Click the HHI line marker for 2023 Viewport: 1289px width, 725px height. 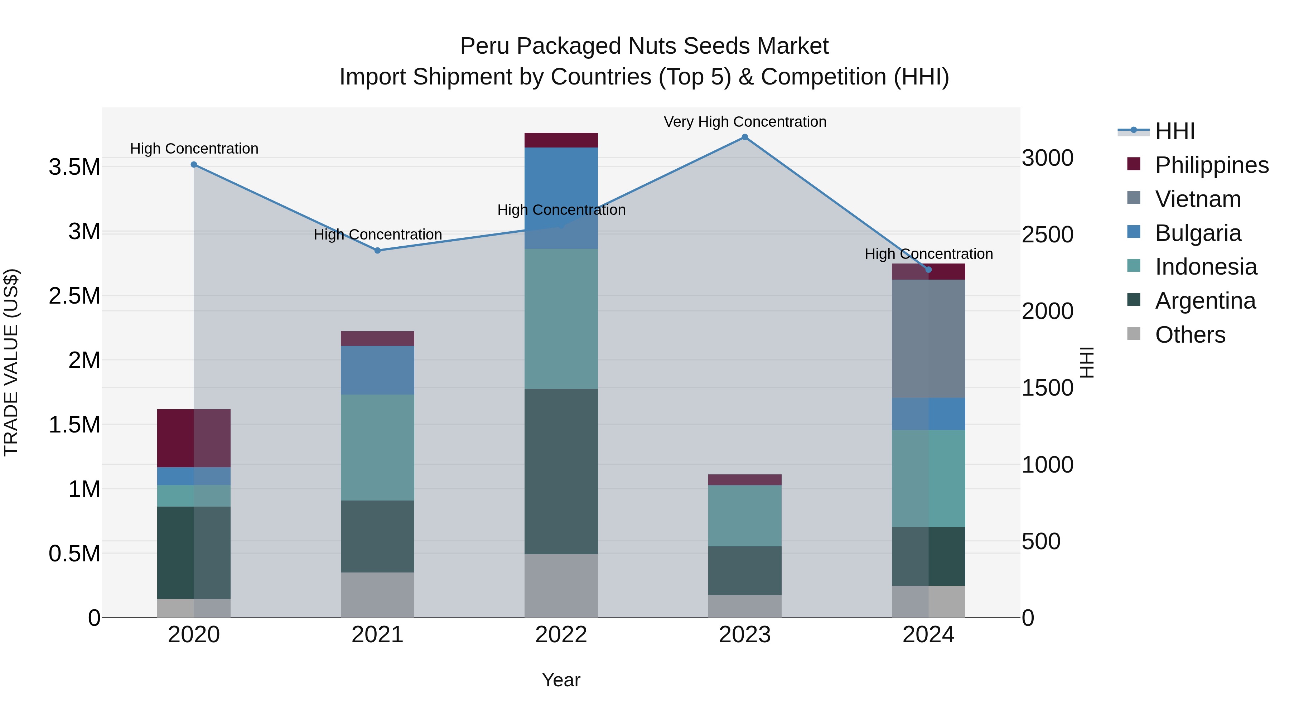(x=745, y=137)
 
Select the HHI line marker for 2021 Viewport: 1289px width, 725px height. (x=378, y=251)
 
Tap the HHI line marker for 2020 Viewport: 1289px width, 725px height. (x=194, y=165)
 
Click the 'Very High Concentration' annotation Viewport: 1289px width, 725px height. (x=745, y=122)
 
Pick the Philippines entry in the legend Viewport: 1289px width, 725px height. (x=1211, y=165)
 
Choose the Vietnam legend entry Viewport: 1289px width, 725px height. (x=1197, y=199)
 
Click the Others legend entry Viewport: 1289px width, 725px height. (x=1190, y=335)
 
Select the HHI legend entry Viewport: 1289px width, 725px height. (x=1174, y=131)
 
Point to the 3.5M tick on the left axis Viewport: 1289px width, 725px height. (x=74, y=167)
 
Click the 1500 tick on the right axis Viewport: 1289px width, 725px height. (x=1047, y=388)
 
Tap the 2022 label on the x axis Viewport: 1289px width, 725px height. (x=561, y=635)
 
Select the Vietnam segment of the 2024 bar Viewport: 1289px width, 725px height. (x=928, y=339)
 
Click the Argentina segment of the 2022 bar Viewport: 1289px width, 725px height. (x=561, y=471)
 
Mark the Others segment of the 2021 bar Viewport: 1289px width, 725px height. (x=378, y=595)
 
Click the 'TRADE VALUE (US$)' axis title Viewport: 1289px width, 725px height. (x=11, y=362)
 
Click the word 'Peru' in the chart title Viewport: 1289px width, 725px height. (x=484, y=46)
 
